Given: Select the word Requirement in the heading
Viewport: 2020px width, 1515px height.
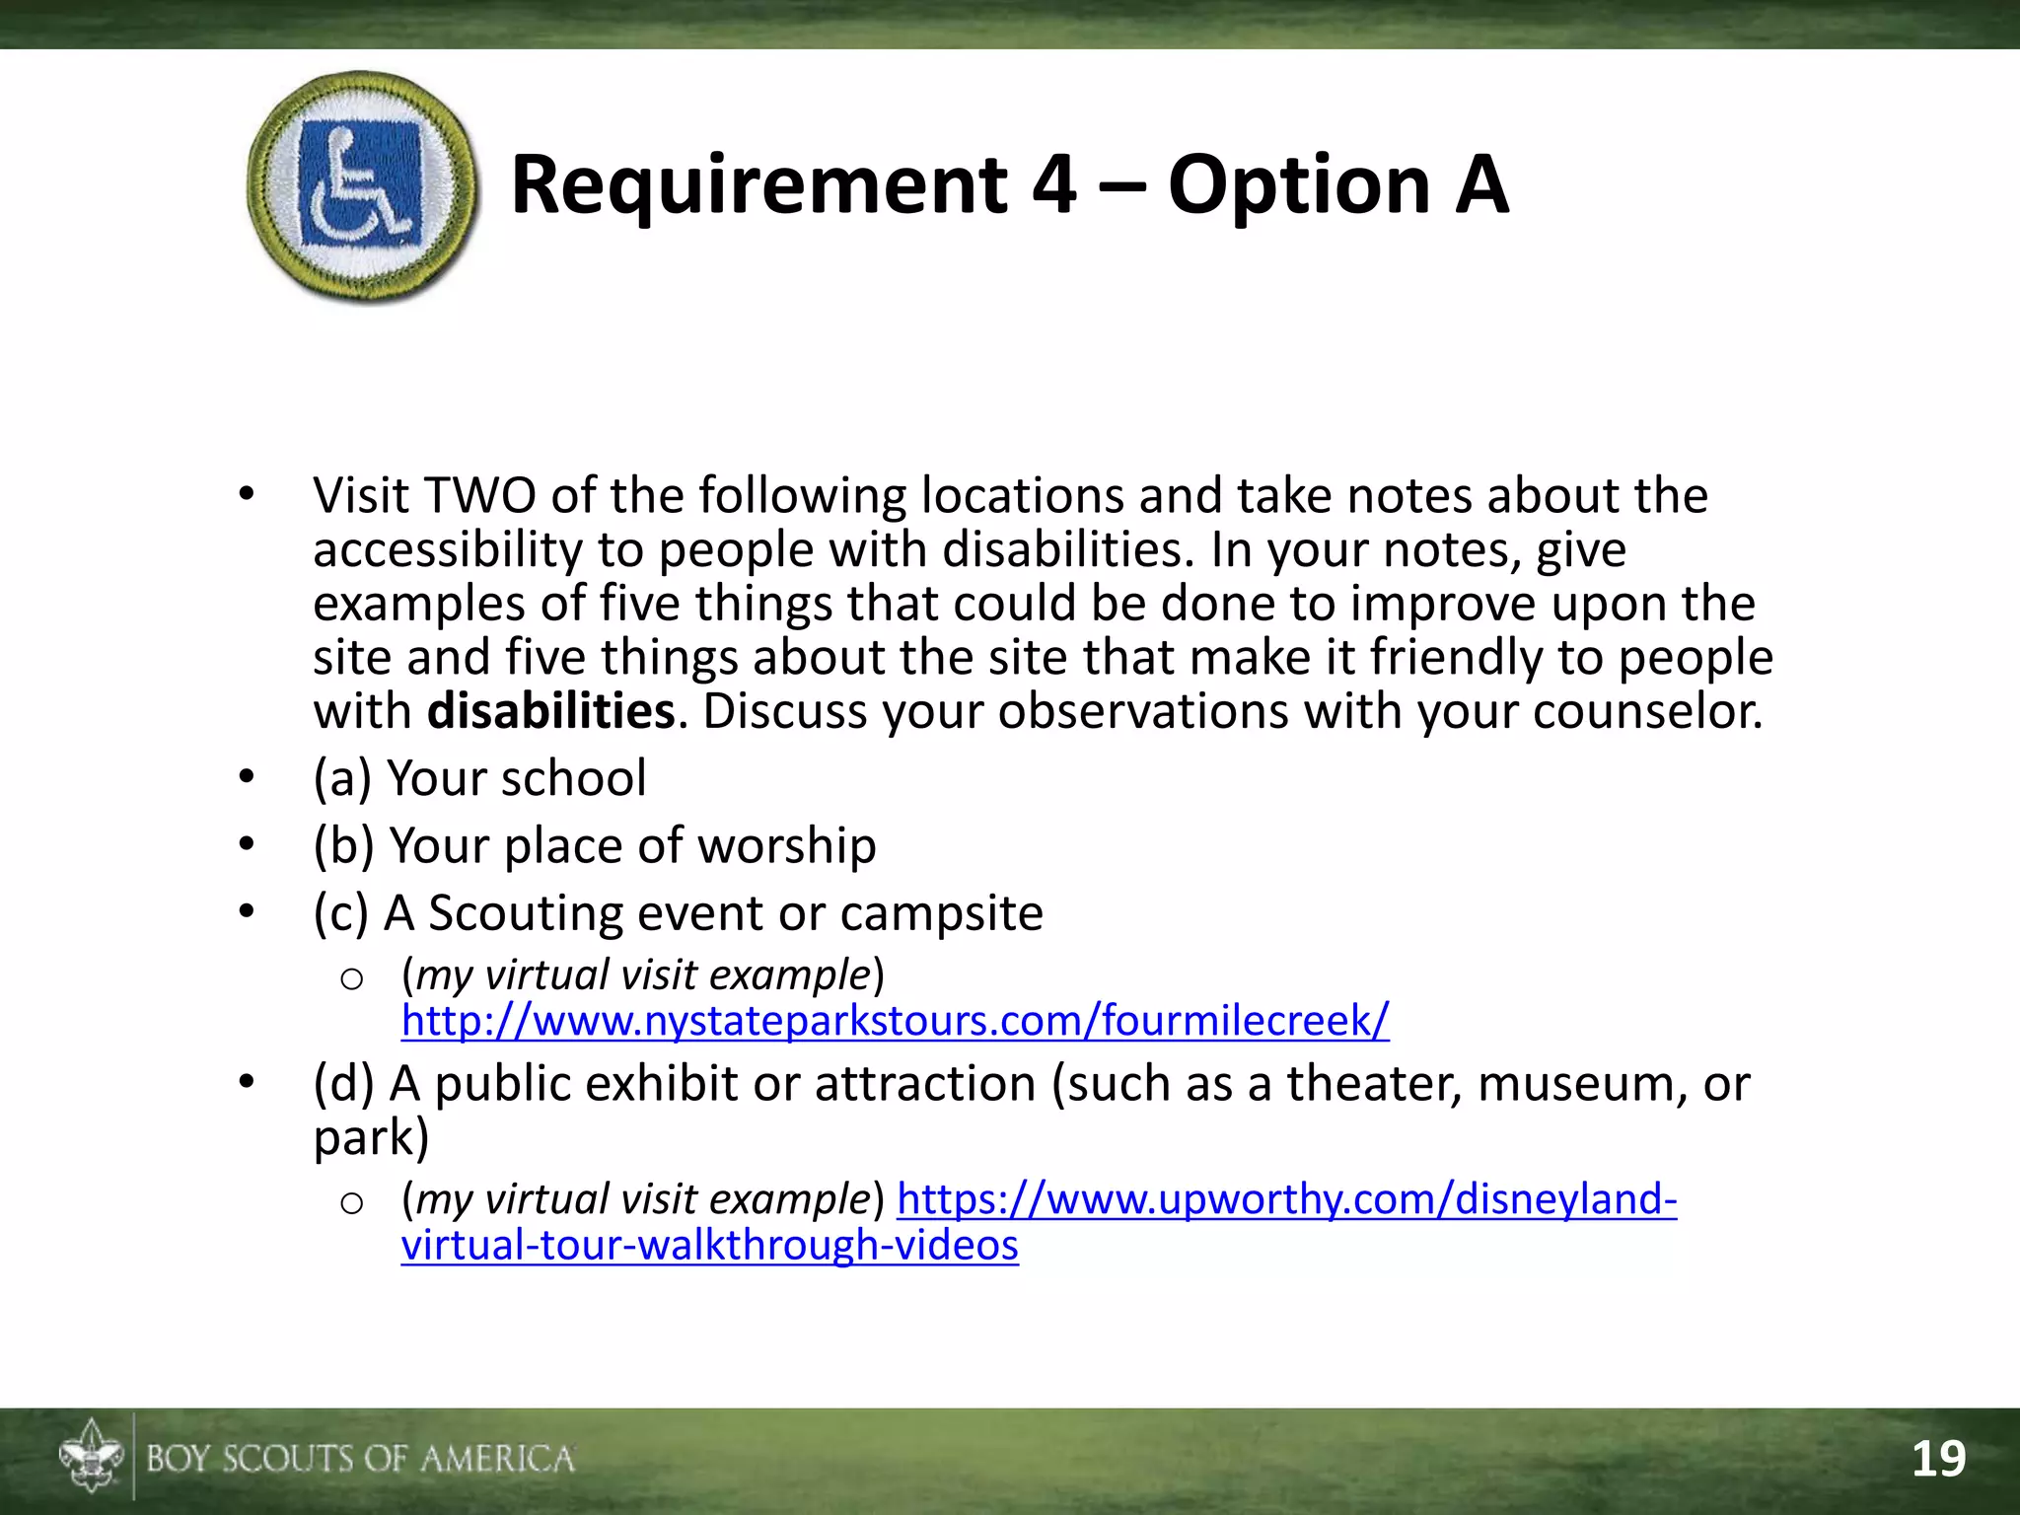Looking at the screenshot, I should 758,187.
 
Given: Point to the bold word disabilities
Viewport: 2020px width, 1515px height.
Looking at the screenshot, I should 550,711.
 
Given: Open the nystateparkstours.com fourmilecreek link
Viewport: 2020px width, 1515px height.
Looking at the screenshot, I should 895,1020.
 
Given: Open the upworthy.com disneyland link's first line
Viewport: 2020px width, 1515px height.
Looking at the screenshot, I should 1286,1199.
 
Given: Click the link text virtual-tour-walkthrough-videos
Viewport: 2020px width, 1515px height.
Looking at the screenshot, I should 709,1245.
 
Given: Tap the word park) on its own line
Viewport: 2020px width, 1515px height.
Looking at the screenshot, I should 371,1138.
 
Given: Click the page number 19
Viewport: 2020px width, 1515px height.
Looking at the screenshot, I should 1938,1459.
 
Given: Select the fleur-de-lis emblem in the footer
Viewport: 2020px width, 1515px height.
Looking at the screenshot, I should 91,1456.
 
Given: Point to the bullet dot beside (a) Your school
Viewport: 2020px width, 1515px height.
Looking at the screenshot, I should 247,777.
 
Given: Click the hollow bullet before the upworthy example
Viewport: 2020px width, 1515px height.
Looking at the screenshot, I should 351,1202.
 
